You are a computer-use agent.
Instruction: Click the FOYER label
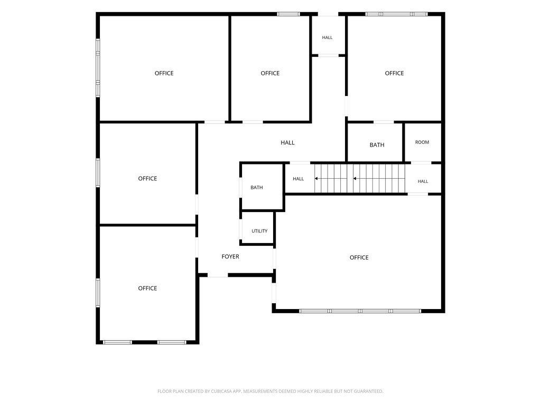pos(230,257)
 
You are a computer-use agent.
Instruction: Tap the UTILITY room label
pos(259,231)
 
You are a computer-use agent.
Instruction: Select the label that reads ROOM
pos(422,142)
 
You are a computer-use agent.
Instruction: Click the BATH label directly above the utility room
pos(257,187)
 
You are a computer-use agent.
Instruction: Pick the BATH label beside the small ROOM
pos(377,145)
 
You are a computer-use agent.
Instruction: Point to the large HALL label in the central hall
pos(287,142)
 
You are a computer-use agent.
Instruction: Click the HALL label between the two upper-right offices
pos(327,37)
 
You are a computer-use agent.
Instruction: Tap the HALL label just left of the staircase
pos(298,179)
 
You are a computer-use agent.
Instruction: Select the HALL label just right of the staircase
pos(423,181)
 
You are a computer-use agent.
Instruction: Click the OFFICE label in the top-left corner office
pos(164,73)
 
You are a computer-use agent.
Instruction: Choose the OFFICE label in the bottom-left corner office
pos(147,288)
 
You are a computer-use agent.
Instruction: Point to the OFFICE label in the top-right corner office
pos(394,73)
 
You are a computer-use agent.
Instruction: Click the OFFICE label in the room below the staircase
pos(359,257)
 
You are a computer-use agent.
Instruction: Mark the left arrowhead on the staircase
pos(316,178)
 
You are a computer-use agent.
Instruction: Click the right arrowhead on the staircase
pos(355,178)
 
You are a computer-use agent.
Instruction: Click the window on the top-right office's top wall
pos(396,14)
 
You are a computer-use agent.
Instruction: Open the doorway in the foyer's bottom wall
pos(218,275)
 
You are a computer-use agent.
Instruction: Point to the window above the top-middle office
pos(288,14)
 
